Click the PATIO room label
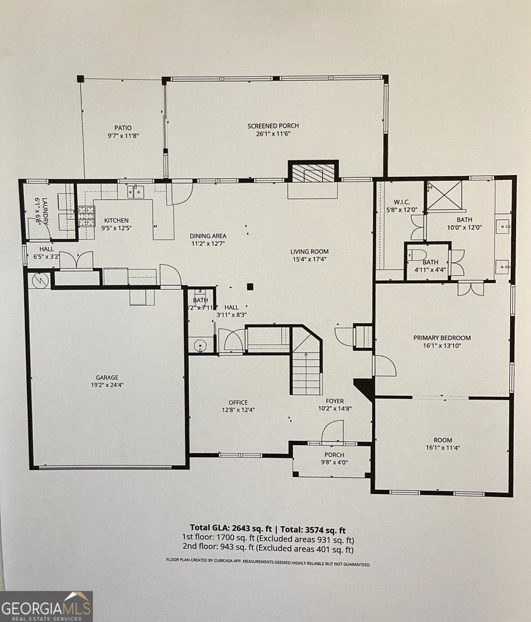tap(123, 128)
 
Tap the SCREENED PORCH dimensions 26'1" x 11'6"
tap(273, 134)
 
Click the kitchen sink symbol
tap(135, 192)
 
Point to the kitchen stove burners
tap(87, 216)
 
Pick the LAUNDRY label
tap(45, 211)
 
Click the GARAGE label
tap(107, 377)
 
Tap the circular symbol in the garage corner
tap(40, 280)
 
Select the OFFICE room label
tap(238, 402)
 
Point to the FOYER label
tap(335, 401)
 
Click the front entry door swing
tap(332, 431)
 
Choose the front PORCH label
tap(334, 455)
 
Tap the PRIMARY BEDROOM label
tap(442, 338)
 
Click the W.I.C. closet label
tap(401, 202)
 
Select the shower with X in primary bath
tap(444, 195)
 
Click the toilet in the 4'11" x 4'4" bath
tap(417, 255)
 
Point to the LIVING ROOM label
tap(309, 251)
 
